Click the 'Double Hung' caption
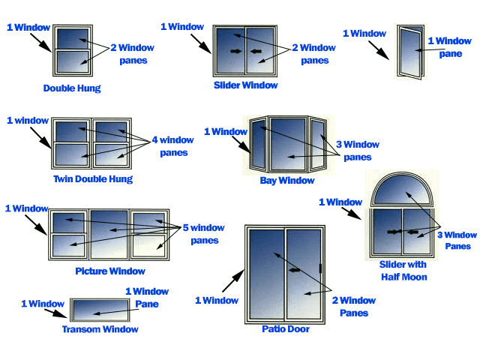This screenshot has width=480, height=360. tap(72, 88)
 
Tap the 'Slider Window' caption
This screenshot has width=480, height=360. tap(246, 85)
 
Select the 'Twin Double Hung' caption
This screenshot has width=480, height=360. tap(93, 179)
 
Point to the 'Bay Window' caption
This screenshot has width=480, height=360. tap(287, 181)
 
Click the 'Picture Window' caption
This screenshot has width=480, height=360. tap(110, 271)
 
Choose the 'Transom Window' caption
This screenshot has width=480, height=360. tap(100, 329)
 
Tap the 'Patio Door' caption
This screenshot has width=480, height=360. tap(286, 328)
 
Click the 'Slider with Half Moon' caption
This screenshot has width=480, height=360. tap(403, 271)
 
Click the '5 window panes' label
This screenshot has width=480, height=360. tap(199, 234)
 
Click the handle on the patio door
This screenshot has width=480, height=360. tap(320, 268)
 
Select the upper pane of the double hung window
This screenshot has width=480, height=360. tap(72, 38)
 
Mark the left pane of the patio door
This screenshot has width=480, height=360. tap(265, 274)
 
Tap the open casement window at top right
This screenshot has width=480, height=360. tap(409, 52)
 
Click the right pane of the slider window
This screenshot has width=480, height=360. tap(261, 51)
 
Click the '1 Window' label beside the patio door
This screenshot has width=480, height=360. tap(217, 301)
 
